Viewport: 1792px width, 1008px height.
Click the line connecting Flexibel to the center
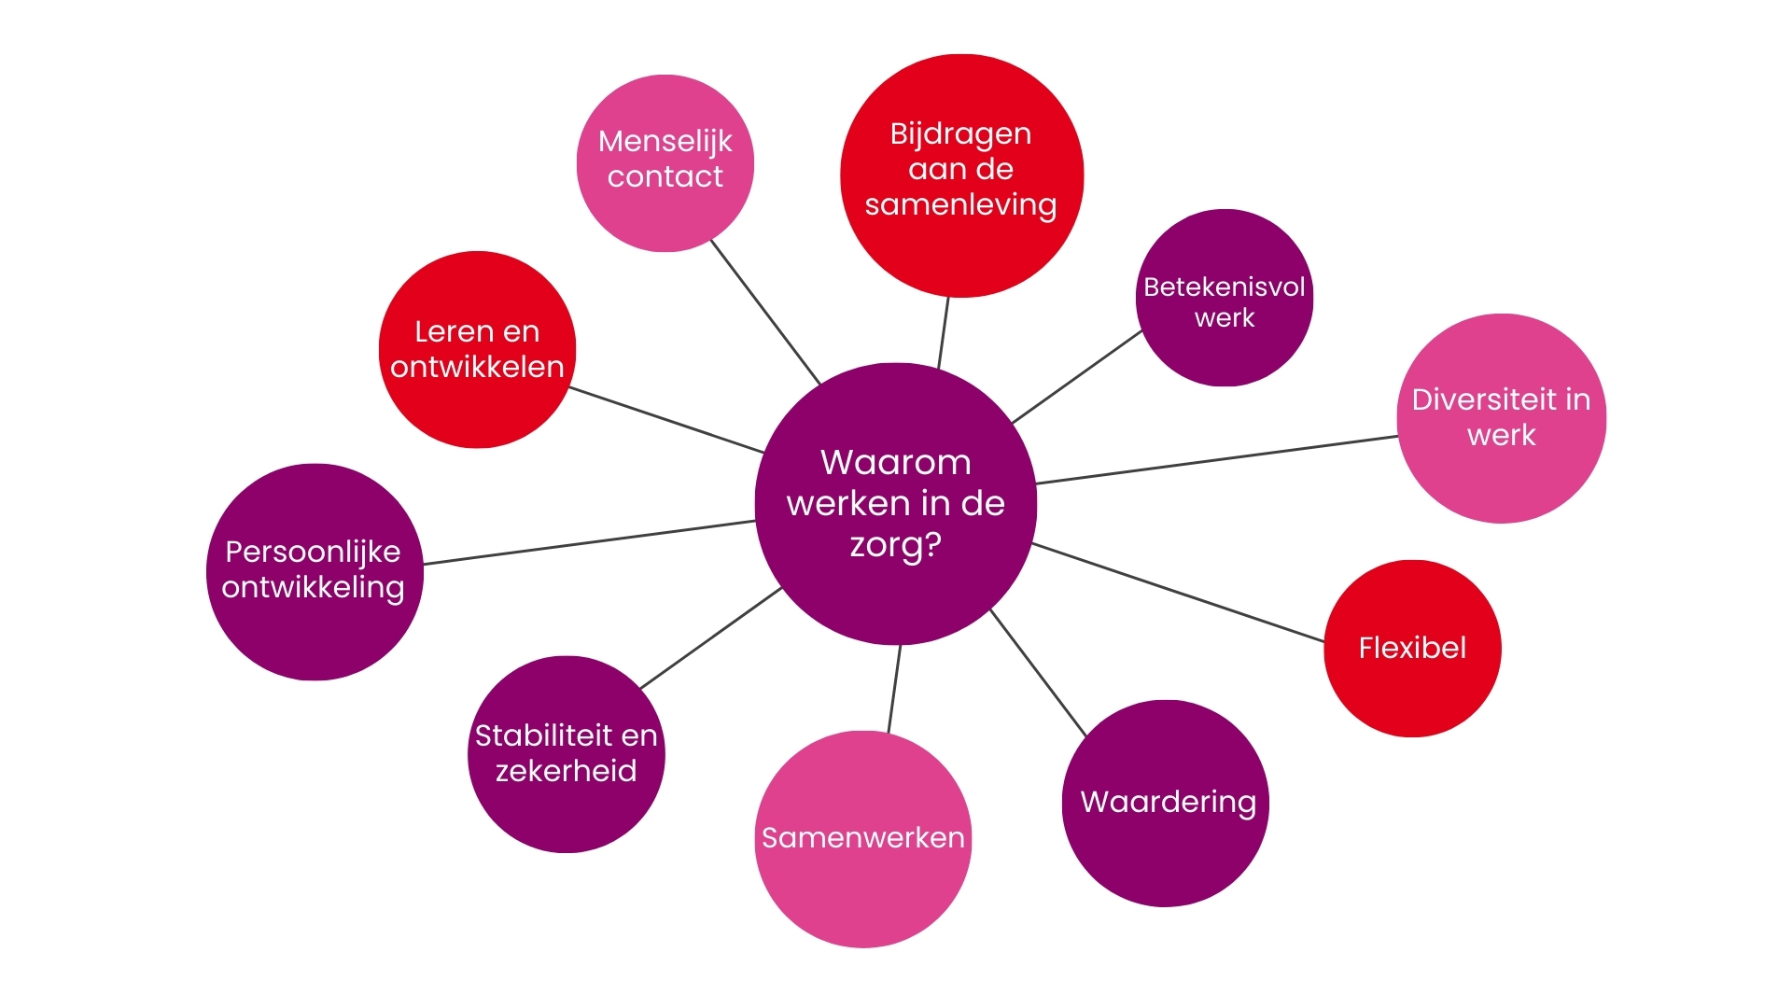click(x=1178, y=593)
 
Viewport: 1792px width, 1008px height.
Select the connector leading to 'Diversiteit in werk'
click(x=1217, y=460)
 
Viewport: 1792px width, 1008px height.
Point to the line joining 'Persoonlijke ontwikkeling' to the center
click(x=588, y=542)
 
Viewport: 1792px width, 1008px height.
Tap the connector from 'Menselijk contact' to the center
click(x=765, y=312)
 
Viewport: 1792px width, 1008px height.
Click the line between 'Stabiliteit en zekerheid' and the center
click(x=711, y=637)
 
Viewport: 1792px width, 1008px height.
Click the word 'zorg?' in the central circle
click(x=895, y=544)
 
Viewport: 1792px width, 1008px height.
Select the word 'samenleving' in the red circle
click(x=960, y=204)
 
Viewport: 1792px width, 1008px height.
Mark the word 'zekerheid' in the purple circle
click(x=566, y=771)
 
